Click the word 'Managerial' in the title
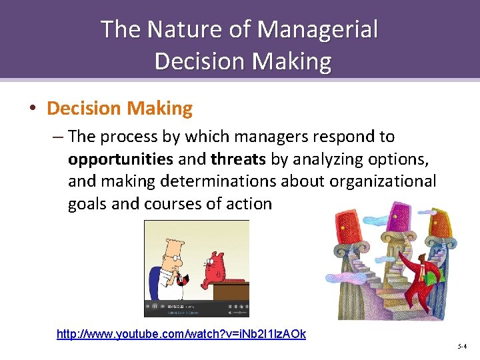[x=317, y=30]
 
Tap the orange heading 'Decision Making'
[x=120, y=107]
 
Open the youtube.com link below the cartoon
[x=181, y=334]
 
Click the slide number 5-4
[x=462, y=347]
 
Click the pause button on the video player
[x=155, y=307]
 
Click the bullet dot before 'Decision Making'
[x=32, y=108]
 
